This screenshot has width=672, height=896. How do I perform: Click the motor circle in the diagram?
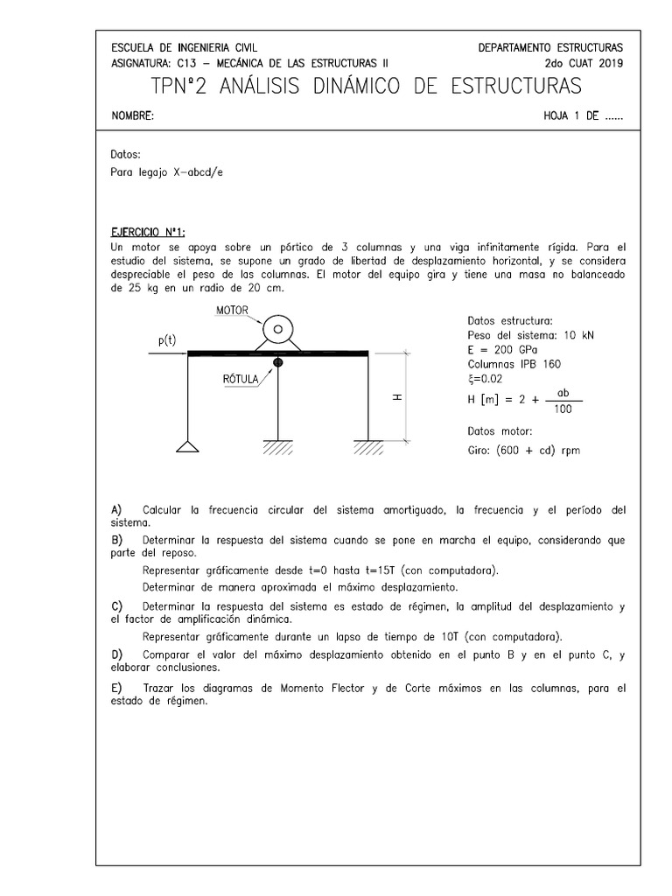(x=277, y=330)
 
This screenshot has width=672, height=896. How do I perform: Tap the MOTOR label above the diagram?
(x=231, y=310)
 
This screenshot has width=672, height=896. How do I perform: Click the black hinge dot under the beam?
(x=277, y=361)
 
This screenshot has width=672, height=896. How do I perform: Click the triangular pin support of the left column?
(x=188, y=446)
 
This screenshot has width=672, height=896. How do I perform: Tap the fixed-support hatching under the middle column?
(x=277, y=448)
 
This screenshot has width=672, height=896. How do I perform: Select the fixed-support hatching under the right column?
(x=368, y=448)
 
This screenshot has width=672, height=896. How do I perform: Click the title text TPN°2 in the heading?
(x=185, y=87)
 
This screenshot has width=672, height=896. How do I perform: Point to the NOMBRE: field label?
(x=133, y=116)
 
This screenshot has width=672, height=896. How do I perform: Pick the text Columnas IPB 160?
(x=514, y=363)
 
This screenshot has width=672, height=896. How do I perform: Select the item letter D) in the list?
(x=117, y=654)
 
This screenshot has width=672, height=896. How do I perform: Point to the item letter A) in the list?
(x=117, y=509)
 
